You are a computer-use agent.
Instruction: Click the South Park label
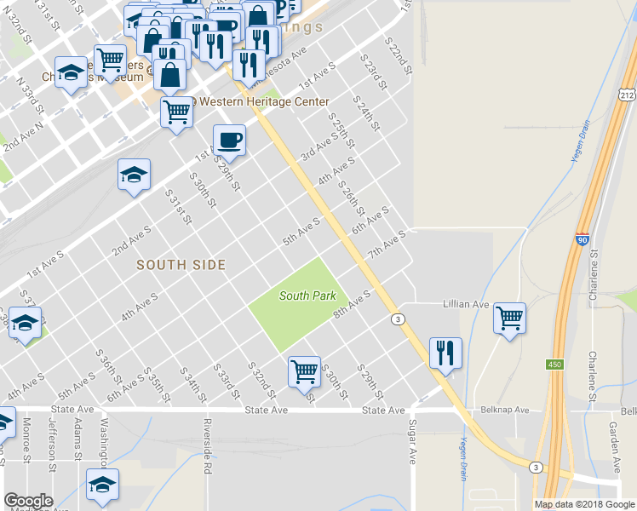coord(308,296)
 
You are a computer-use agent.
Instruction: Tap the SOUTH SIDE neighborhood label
coord(181,266)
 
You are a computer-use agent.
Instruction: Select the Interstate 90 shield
coord(582,241)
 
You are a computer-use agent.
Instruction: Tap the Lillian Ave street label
coord(466,304)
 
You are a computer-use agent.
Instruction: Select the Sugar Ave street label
coord(413,441)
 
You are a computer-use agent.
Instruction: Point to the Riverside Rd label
coord(207,445)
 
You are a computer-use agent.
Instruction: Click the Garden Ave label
coord(612,443)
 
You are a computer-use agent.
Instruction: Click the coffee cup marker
coord(228,140)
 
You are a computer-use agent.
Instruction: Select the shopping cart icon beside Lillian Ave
coord(509,319)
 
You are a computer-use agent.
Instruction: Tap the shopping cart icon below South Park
coord(304,371)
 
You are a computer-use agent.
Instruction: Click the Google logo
coord(28,501)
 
